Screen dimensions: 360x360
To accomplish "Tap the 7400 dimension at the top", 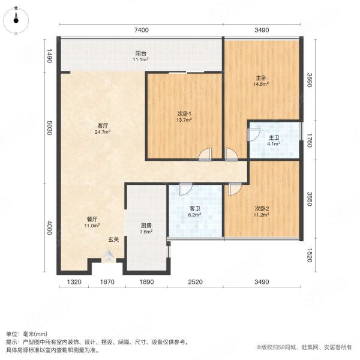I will [x=140, y=29].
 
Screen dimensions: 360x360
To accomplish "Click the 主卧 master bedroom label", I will [x=259, y=78].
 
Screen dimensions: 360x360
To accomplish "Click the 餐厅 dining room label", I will [x=92, y=220].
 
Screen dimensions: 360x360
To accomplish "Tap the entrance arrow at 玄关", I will [x=108, y=256].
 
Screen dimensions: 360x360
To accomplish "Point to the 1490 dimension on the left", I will [x=51, y=57].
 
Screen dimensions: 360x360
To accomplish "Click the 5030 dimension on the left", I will [x=51, y=129].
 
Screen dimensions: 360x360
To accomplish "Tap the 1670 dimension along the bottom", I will [x=107, y=281].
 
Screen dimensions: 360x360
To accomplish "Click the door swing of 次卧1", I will [x=206, y=155].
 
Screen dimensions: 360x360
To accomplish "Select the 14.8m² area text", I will [x=259, y=85].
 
